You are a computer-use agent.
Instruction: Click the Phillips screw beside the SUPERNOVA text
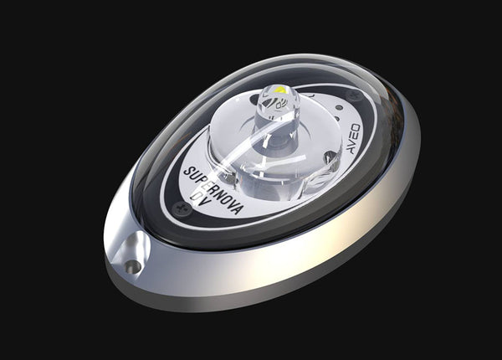pyautogui.click(x=177, y=208)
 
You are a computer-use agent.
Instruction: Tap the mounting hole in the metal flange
pyautogui.click(x=132, y=266)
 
